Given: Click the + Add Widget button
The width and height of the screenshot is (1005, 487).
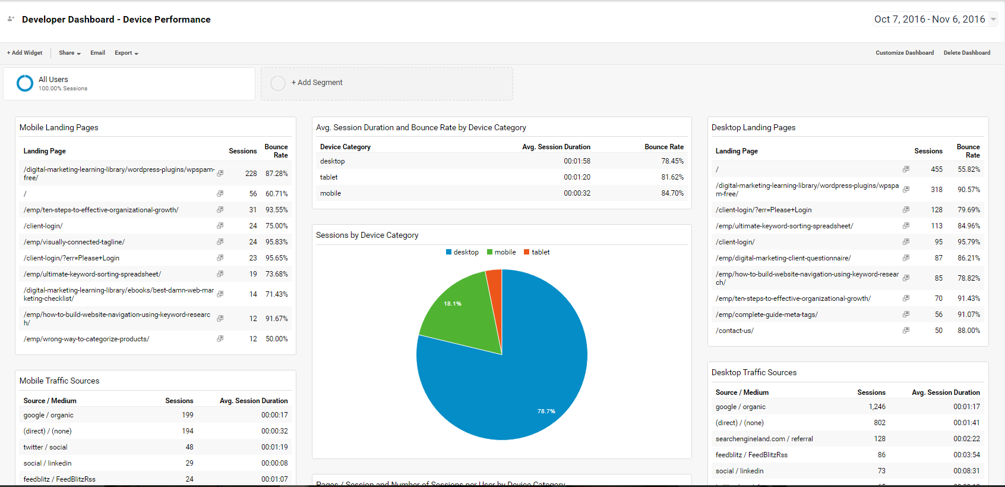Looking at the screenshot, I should click(x=25, y=53).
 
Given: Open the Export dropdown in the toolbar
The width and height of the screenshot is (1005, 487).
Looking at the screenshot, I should click(x=126, y=53).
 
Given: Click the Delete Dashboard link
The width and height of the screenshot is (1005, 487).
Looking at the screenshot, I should click(x=966, y=53).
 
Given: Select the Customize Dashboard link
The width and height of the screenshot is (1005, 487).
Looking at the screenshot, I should click(x=904, y=53).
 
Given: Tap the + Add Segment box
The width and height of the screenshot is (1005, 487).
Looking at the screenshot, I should click(x=317, y=83).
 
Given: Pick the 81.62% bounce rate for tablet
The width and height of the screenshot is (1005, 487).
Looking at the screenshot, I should click(x=672, y=177).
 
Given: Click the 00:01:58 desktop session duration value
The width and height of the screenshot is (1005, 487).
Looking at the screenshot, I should click(x=577, y=161).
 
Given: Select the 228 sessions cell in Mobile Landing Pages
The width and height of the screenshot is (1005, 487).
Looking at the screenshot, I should click(x=251, y=174).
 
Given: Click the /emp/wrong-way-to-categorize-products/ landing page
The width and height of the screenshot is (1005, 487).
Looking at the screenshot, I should click(x=87, y=339).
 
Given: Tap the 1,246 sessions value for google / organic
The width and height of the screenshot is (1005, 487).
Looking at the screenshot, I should click(x=877, y=407).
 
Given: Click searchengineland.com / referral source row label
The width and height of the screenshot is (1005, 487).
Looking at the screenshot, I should click(x=764, y=439).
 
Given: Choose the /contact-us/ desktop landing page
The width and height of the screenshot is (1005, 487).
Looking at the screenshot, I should click(x=734, y=331).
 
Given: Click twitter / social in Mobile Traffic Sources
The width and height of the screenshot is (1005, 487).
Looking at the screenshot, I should click(x=45, y=447).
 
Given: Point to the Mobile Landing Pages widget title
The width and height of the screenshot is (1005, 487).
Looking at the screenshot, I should click(x=59, y=127).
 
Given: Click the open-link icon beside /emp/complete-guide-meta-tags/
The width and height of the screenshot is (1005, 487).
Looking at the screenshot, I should click(x=906, y=314).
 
